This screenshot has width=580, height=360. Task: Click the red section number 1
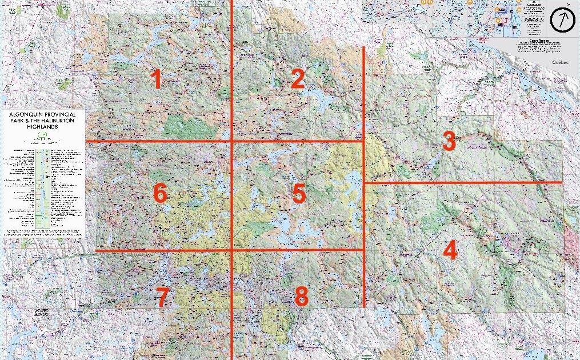point(155,79)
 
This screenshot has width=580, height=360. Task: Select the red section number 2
point(297,79)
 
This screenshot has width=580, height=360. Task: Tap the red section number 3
point(449,141)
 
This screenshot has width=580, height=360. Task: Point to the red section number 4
point(450,251)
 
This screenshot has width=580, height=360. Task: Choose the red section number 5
point(299,194)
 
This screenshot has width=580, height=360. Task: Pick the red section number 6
point(160,194)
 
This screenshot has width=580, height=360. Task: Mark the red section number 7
point(162,297)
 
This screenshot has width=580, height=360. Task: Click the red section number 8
point(301,296)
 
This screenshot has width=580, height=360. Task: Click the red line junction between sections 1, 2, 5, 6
point(231,141)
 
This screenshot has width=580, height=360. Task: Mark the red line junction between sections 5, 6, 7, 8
point(231,250)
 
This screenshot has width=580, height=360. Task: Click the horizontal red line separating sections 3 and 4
point(463,182)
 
